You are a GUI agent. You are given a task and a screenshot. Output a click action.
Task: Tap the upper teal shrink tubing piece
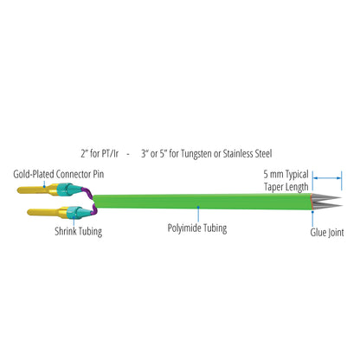pyautogui.click(x=66, y=190)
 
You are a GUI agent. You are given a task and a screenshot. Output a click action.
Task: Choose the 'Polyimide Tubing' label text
pyautogui.click(x=197, y=230)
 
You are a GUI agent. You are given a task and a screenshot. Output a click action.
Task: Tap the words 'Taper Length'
pyautogui.click(x=286, y=184)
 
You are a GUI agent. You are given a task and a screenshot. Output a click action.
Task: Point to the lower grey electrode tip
pyautogui.click(x=324, y=207)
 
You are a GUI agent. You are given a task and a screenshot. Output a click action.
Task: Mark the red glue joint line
pyautogui.click(x=311, y=204)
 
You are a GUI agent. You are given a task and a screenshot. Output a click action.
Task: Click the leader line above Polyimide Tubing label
pyautogui.click(x=197, y=215)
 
